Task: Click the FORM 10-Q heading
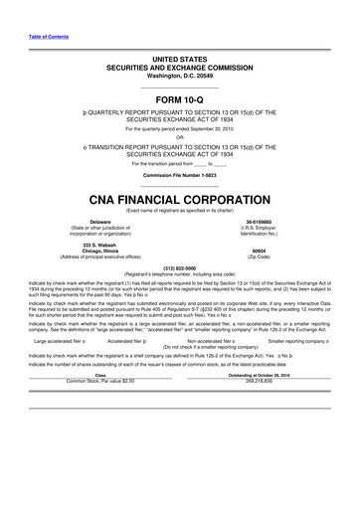click(x=179, y=100)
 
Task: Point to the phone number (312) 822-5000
click(x=179, y=267)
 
